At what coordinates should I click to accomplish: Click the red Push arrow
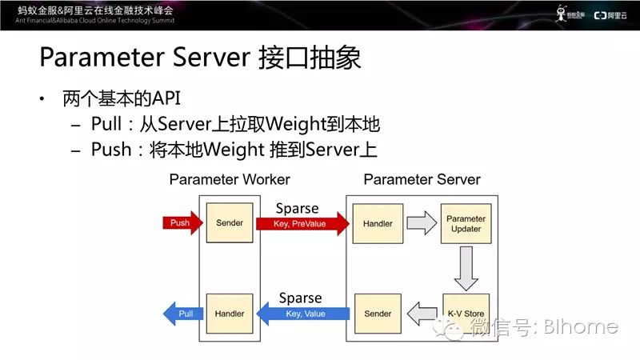coord(178,222)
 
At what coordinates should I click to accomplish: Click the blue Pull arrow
coord(183,314)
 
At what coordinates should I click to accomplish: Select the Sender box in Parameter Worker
coord(230,223)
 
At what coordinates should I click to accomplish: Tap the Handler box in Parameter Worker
coord(230,314)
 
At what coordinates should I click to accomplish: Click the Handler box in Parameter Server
coord(377,223)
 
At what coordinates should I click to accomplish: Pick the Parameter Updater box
coord(465,223)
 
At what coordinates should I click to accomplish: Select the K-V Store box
coord(465,314)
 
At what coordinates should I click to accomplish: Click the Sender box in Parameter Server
coord(377,314)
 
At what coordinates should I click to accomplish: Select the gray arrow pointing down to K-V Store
coord(465,269)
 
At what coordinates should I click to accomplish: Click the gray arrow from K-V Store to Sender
coord(421,314)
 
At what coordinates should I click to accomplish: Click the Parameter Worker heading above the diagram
coord(230,179)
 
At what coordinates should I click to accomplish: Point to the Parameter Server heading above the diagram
coord(422,179)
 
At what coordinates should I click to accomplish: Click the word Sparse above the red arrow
coord(297,209)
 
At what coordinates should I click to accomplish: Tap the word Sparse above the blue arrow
coord(300,298)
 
